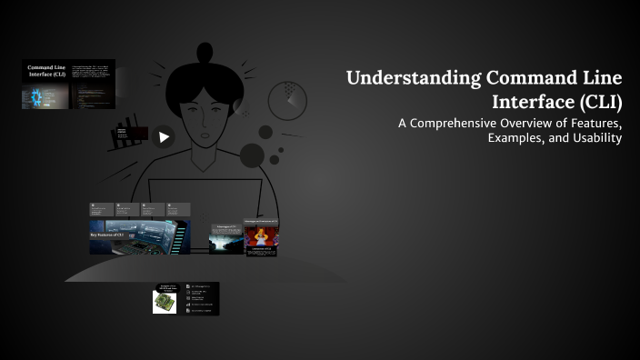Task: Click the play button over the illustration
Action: pos(164,137)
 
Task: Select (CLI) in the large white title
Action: pos(597,100)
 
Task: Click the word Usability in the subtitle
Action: pos(597,138)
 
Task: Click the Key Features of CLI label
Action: pos(110,234)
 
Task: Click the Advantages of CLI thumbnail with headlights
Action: pos(225,238)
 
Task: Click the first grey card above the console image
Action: pos(101,209)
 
